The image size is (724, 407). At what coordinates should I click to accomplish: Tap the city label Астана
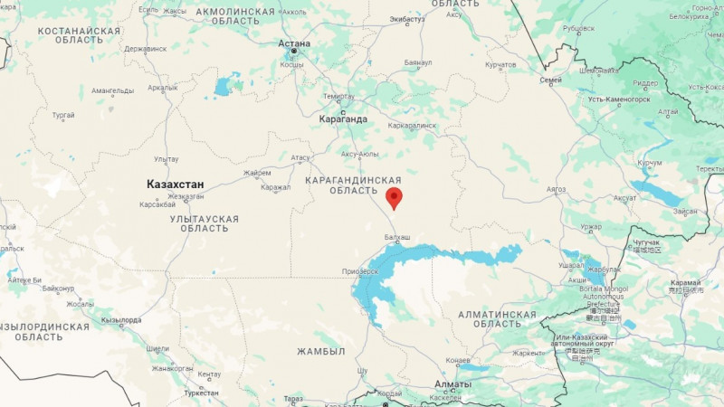pyautogui.click(x=294, y=43)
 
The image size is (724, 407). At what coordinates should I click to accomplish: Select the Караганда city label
pyautogui.click(x=343, y=118)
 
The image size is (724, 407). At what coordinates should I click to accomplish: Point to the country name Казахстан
pyautogui.click(x=176, y=185)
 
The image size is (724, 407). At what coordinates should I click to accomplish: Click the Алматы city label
pyautogui.click(x=452, y=384)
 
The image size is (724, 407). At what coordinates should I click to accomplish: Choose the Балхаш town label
pyautogui.click(x=397, y=237)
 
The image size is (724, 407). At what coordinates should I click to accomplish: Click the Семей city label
pyautogui.click(x=550, y=80)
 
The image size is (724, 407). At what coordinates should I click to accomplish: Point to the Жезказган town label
pyautogui.click(x=186, y=195)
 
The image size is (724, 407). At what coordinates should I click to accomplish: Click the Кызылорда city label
pyautogui.click(x=121, y=320)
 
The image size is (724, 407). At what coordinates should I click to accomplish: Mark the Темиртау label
pyautogui.click(x=339, y=96)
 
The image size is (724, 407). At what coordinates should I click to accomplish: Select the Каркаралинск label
pyautogui.click(x=412, y=126)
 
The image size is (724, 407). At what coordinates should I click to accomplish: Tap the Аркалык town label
pyautogui.click(x=163, y=88)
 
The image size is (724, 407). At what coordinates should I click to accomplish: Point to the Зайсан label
pyautogui.click(x=685, y=211)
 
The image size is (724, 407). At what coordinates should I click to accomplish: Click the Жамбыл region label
pyautogui.click(x=322, y=351)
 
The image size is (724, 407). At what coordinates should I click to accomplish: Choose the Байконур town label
pyautogui.click(x=57, y=289)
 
